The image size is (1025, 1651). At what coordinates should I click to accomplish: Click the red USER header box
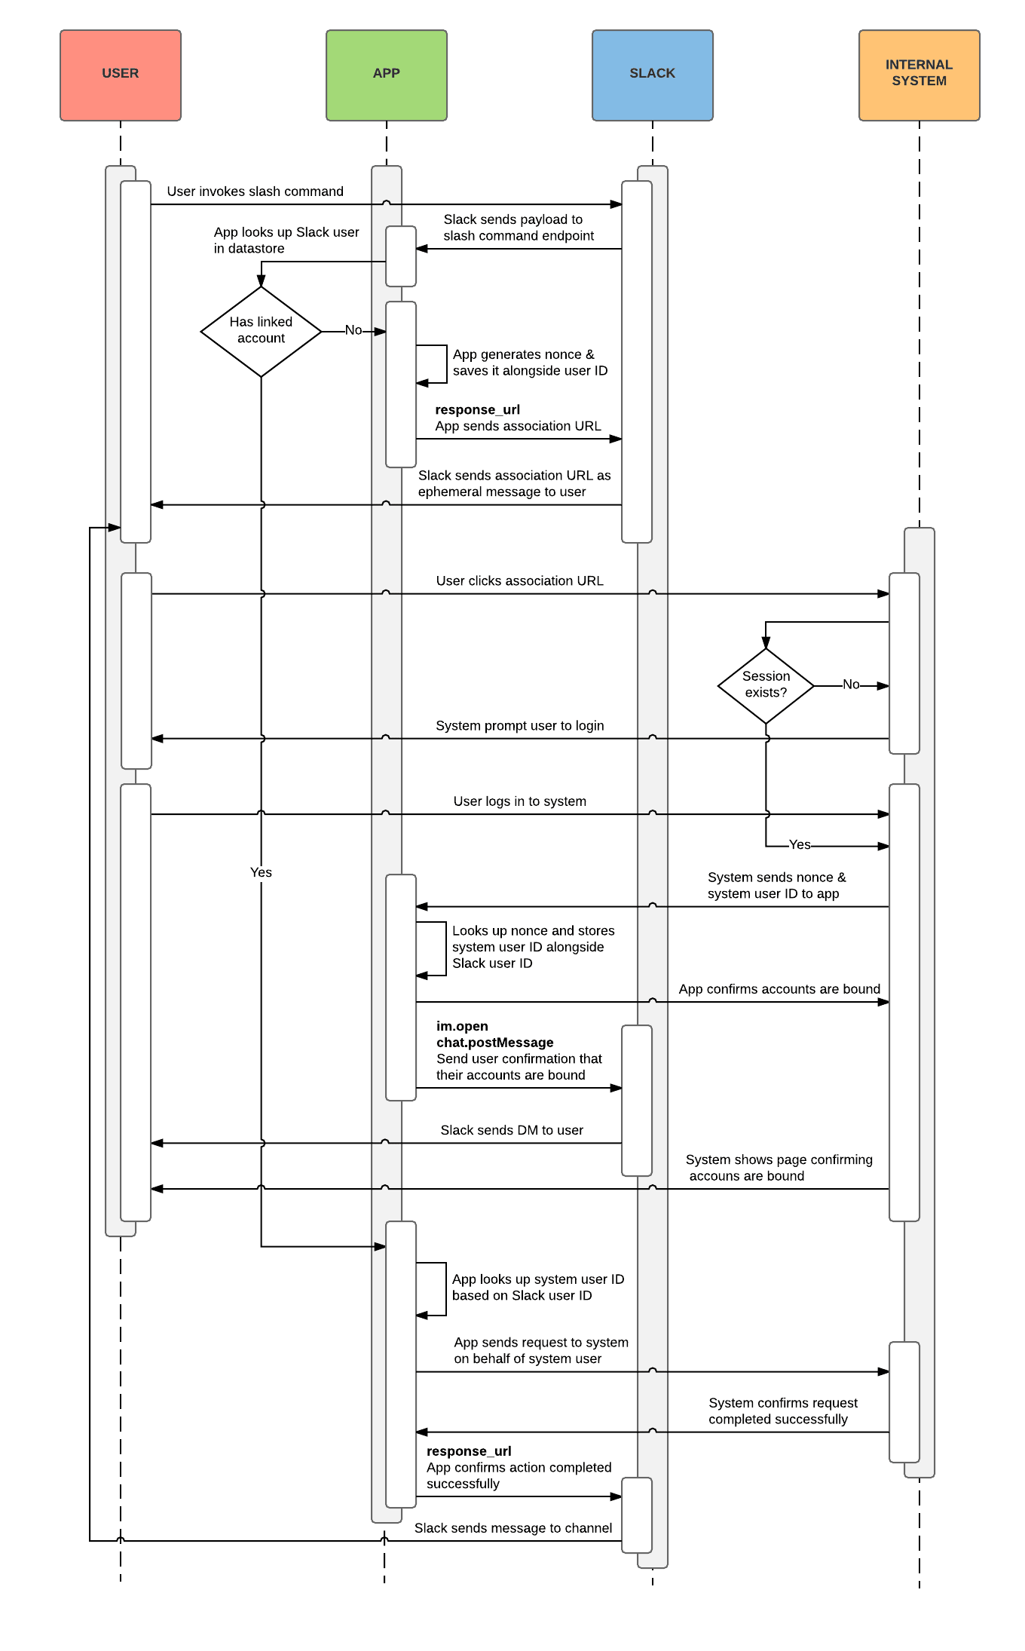(x=121, y=75)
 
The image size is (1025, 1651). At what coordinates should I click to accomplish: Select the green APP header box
(x=387, y=75)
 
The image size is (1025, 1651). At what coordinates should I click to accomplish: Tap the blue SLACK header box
(x=653, y=75)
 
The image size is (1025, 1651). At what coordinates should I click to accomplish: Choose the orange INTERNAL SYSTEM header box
(x=919, y=75)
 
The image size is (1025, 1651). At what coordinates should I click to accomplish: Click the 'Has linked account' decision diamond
(x=261, y=331)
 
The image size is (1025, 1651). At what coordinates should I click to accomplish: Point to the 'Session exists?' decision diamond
(x=766, y=685)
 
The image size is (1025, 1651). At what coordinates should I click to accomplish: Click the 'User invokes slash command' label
(x=255, y=191)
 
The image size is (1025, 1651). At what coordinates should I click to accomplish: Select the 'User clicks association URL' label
(x=519, y=580)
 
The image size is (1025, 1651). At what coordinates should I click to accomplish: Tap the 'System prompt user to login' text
(x=519, y=725)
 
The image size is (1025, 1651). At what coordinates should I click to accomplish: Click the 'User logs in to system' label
(x=519, y=801)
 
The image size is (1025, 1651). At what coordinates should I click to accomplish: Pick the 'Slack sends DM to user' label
(x=512, y=1130)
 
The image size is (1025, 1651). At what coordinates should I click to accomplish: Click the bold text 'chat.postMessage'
(x=494, y=1043)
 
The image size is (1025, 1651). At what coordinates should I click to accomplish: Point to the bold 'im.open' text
(x=462, y=1026)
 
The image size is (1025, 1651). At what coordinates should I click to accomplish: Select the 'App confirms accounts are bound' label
(x=779, y=989)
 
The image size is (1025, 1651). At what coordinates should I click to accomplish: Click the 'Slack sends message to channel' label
(x=512, y=1528)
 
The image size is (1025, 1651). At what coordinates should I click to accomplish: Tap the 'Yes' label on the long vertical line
(x=261, y=872)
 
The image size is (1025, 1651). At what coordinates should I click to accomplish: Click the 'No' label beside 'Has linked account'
(x=353, y=330)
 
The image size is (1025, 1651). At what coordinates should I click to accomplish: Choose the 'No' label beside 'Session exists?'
(x=850, y=685)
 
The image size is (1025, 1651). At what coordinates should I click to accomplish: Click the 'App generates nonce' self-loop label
(x=530, y=363)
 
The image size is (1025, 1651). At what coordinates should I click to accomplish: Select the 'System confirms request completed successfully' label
(x=782, y=1411)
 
